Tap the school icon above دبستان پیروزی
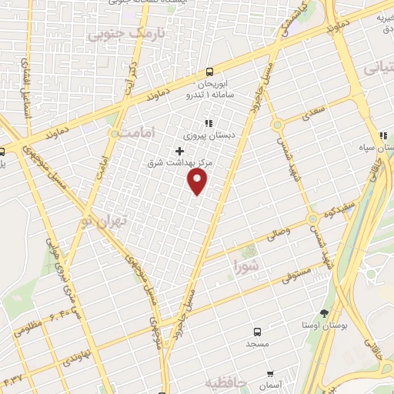point(207,122)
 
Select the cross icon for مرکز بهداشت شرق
point(179,151)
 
